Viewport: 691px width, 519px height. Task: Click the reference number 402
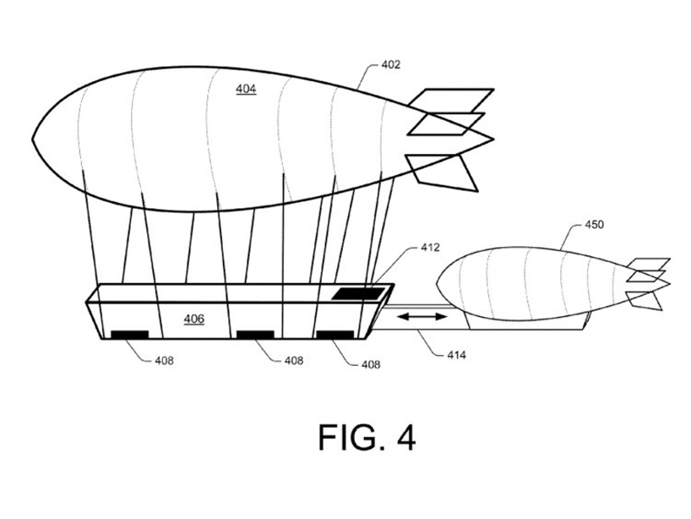coord(390,64)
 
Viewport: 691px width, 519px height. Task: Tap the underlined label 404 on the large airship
coord(246,88)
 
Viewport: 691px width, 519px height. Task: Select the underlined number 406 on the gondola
coord(194,319)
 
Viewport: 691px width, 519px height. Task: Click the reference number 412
coord(431,248)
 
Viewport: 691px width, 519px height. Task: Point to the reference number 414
coord(457,356)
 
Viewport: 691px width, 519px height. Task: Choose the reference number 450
coord(595,226)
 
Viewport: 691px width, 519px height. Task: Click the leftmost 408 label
coord(166,360)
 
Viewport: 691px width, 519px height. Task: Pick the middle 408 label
coord(293,360)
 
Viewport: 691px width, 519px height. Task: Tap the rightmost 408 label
coord(369,365)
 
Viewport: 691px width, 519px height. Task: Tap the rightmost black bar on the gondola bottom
coord(335,335)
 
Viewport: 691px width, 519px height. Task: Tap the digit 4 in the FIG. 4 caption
coord(405,438)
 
